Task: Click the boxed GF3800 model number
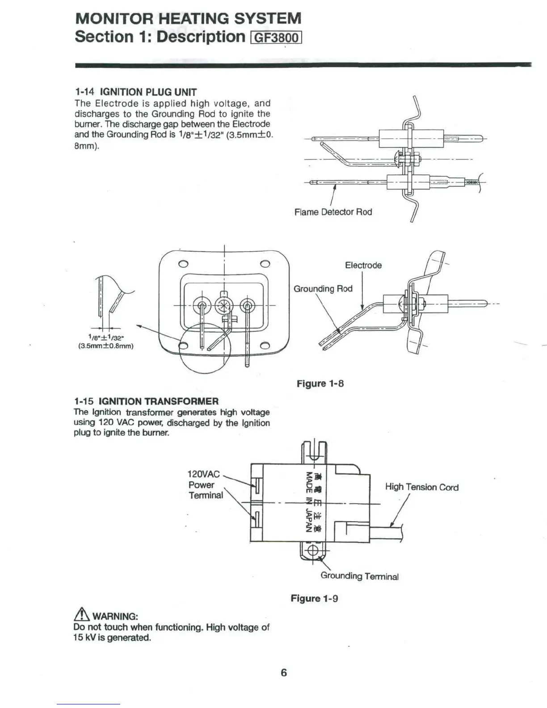[x=277, y=37]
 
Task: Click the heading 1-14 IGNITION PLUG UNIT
[x=135, y=92]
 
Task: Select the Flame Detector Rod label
[x=333, y=212]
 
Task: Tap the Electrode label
[x=363, y=265]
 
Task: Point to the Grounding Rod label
[x=323, y=289]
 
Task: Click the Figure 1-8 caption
[x=320, y=383]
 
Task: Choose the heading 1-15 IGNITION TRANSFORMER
[x=146, y=401]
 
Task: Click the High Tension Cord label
[x=421, y=487]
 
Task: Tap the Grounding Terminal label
[x=359, y=576]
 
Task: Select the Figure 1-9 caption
[x=314, y=598]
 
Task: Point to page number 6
[x=283, y=672]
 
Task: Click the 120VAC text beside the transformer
[x=203, y=474]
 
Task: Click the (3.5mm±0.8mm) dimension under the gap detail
[x=106, y=346]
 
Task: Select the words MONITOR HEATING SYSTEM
[x=188, y=18]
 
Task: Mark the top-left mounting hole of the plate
[x=183, y=263]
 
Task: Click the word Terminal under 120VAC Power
[x=206, y=495]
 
